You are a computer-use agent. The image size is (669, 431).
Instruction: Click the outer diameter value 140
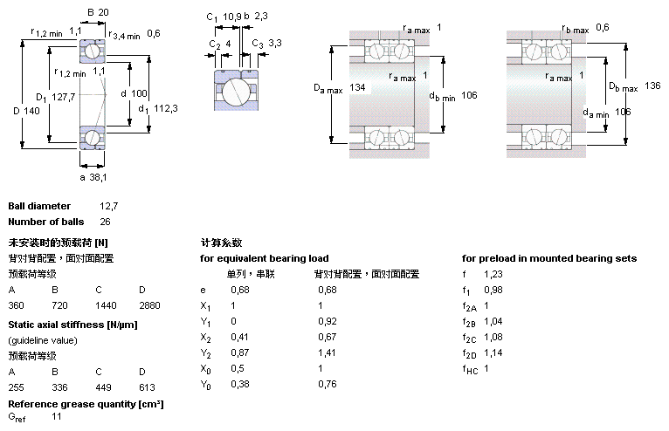[33, 111]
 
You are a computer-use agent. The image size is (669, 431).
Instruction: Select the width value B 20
[104, 11]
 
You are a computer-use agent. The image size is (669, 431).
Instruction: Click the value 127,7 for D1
[64, 97]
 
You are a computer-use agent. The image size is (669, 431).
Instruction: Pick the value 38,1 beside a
[98, 176]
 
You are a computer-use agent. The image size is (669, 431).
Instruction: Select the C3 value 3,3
[274, 43]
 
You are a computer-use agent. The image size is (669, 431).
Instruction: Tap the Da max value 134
[357, 88]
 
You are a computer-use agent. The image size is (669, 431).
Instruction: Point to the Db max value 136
[652, 86]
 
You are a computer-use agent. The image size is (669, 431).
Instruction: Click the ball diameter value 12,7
[108, 207]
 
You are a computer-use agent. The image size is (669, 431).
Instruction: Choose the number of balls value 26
[105, 221]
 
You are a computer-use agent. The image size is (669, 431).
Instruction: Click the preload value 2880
[149, 306]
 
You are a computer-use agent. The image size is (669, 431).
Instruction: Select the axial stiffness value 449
[104, 387]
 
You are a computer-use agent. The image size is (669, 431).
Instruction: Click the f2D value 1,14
[493, 353]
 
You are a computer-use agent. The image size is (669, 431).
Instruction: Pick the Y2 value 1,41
[328, 353]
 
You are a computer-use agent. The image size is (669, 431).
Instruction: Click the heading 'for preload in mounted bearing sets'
[549, 258]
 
